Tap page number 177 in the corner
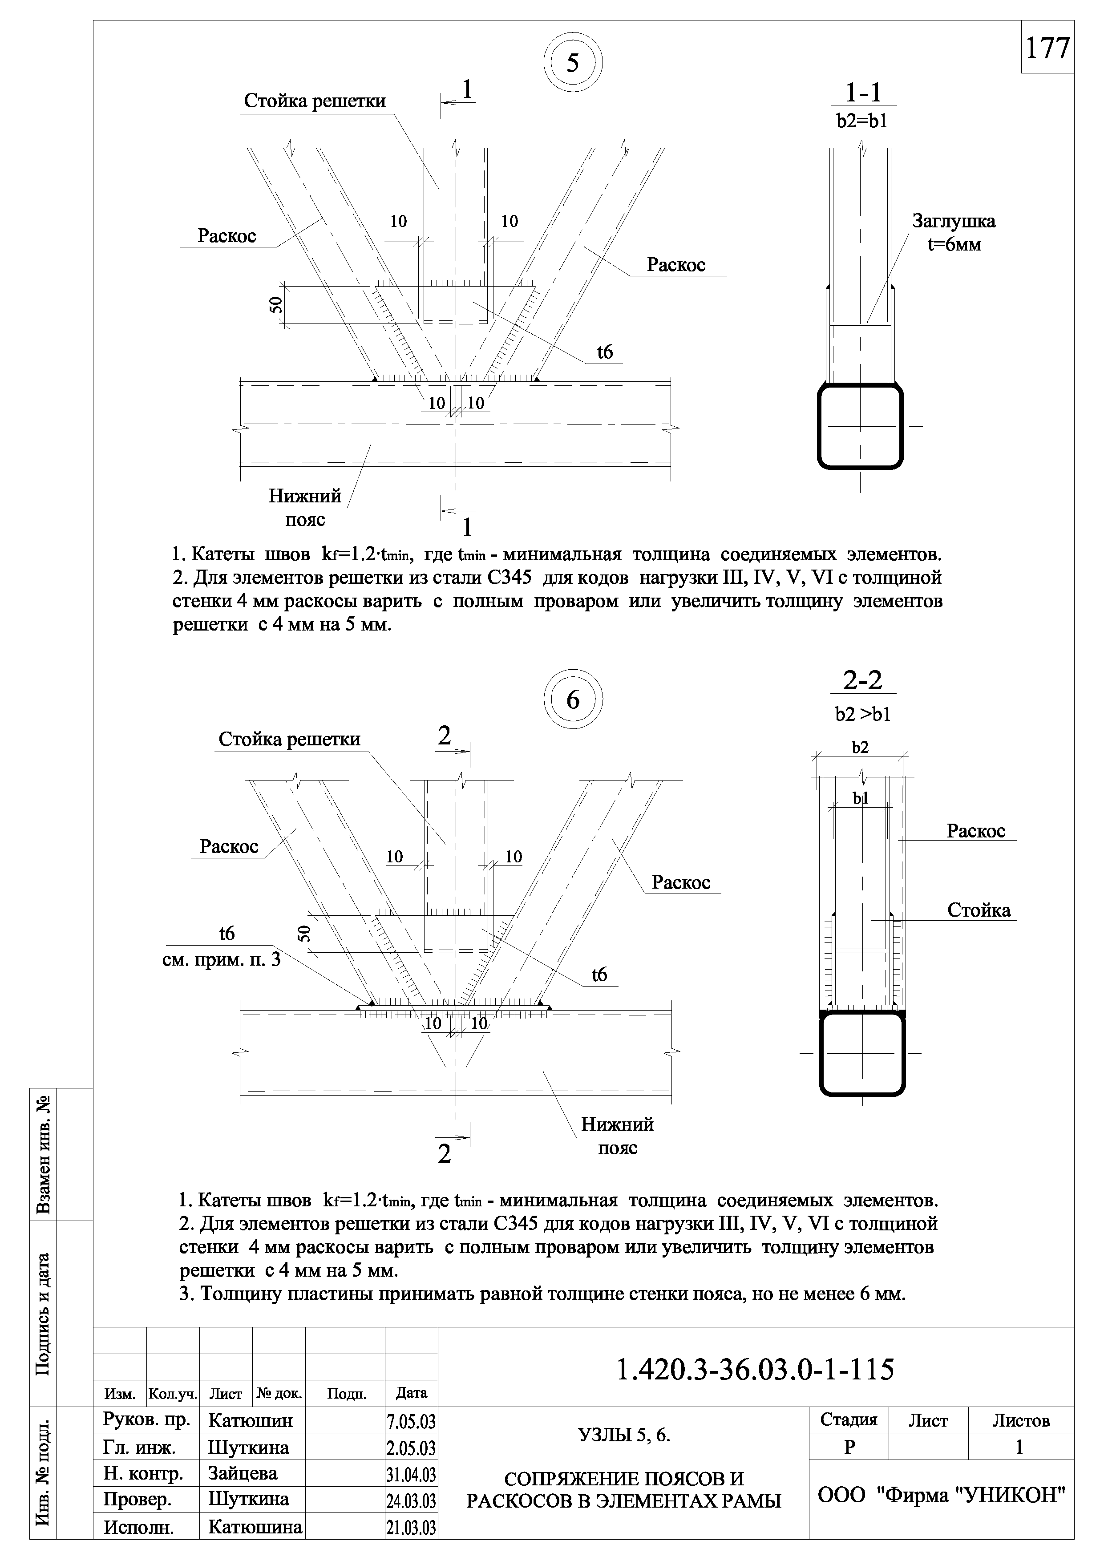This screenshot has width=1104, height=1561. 1047,48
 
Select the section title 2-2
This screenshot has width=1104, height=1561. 862,680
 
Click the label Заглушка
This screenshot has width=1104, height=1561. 954,222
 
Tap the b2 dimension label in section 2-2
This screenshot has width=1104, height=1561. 861,748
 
